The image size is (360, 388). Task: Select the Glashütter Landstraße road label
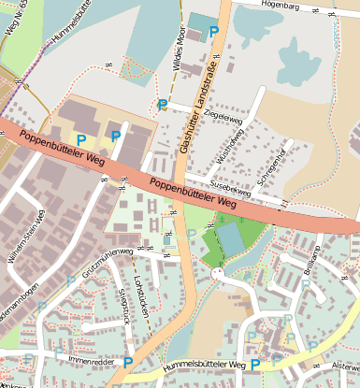(198, 104)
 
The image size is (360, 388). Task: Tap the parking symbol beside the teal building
(214, 32)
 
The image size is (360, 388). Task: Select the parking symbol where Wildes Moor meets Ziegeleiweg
(163, 105)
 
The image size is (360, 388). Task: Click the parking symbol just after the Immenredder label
(128, 362)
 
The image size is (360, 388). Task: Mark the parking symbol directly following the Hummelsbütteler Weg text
(254, 366)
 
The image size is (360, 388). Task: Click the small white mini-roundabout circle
(218, 274)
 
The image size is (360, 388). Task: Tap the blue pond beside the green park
(230, 241)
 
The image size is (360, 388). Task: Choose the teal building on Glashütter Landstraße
(198, 22)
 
